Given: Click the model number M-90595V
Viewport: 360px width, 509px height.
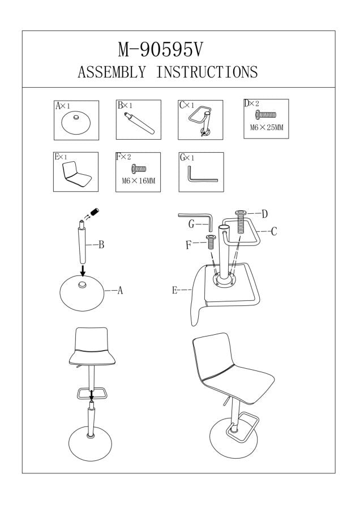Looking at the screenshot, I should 160,50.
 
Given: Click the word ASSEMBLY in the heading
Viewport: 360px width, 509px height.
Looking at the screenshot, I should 111,72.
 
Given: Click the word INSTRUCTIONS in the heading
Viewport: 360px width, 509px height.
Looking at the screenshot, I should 207,72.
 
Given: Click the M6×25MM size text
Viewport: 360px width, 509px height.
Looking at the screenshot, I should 266,128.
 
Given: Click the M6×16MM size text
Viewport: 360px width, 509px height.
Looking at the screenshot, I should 138,181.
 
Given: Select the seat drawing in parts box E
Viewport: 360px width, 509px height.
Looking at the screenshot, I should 76,175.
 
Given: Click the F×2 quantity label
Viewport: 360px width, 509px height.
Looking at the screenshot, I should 123,157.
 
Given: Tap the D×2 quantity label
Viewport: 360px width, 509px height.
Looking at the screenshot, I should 251,104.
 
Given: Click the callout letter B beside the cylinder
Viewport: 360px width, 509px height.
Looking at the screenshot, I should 101,245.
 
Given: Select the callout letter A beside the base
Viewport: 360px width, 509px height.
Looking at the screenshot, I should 120,291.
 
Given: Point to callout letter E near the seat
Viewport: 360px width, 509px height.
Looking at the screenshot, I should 175,291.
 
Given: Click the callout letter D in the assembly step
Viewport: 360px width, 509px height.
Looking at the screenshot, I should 264,213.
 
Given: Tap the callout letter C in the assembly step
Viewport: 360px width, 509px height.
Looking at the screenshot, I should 273,231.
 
